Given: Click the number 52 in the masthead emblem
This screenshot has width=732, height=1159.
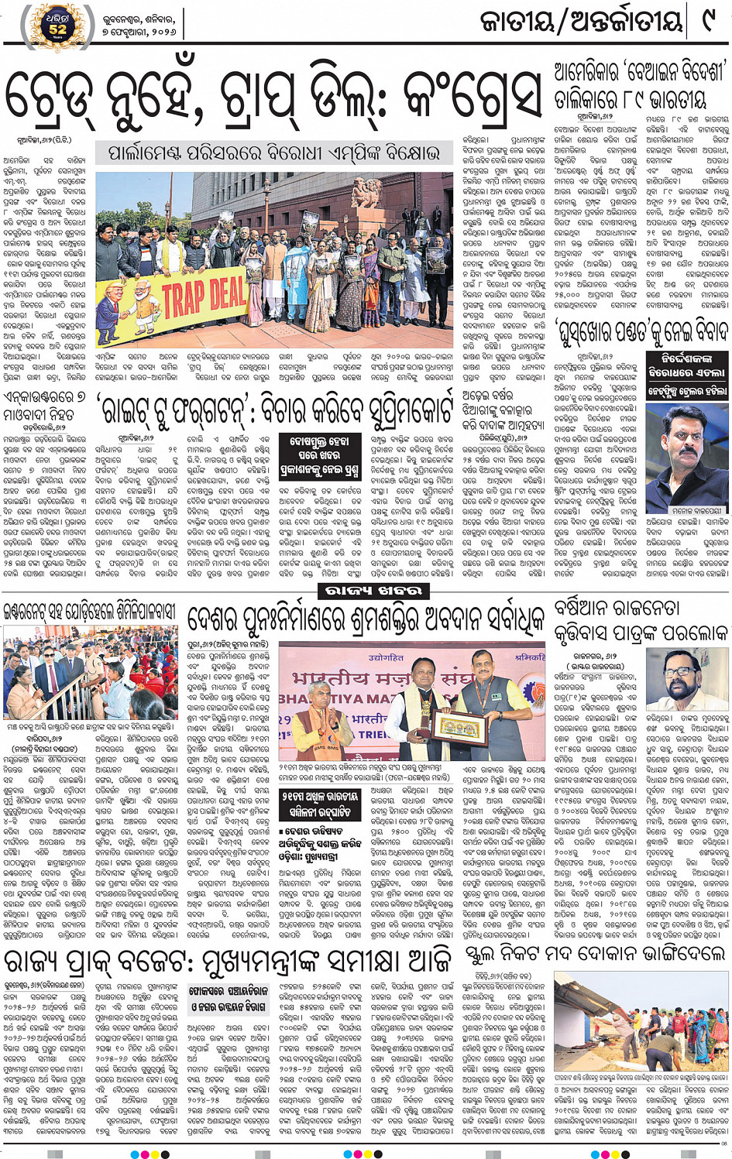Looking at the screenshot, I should point(57,29).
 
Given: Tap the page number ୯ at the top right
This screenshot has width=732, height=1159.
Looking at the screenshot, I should point(706,21).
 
